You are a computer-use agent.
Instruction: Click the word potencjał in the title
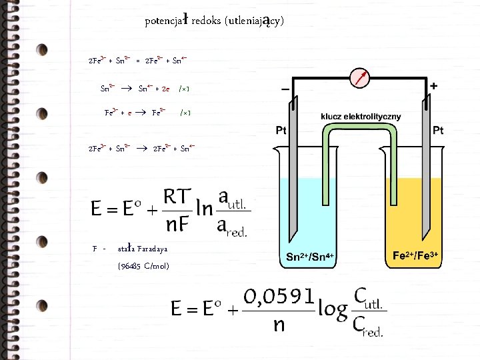167,21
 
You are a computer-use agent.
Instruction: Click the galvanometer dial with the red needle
361,79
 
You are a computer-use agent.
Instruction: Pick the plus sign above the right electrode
434,86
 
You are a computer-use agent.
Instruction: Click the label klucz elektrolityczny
361,116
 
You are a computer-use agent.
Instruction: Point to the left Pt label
281,131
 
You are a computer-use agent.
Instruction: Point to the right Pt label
438,131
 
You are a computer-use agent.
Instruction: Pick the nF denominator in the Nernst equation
178,225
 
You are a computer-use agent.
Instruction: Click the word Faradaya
153,249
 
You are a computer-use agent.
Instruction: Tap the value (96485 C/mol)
143,266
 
